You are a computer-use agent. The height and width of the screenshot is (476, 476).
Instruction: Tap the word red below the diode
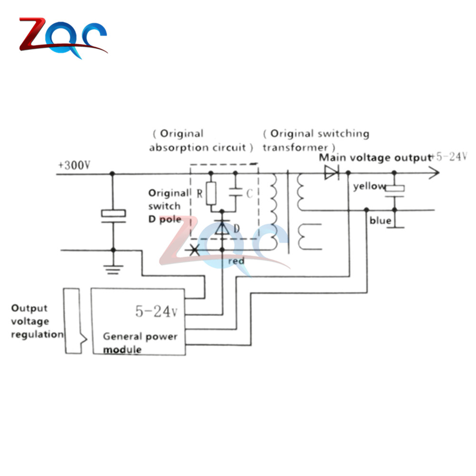coord(236,261)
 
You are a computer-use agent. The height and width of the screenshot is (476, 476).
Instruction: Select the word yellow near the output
coord(368,186)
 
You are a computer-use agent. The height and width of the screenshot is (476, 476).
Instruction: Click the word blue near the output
coord(380,221)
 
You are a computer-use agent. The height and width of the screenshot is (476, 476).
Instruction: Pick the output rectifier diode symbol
coord(331,173)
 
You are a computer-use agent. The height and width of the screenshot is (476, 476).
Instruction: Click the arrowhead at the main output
coord(433,173)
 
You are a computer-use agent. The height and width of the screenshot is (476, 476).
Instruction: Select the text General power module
coord(140,343)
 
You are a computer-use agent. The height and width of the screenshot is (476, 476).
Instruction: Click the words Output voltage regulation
coord(36,321)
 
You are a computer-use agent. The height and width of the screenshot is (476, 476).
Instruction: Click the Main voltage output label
coord(375,158)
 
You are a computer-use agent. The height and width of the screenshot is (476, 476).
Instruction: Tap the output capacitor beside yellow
coord(395,189)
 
